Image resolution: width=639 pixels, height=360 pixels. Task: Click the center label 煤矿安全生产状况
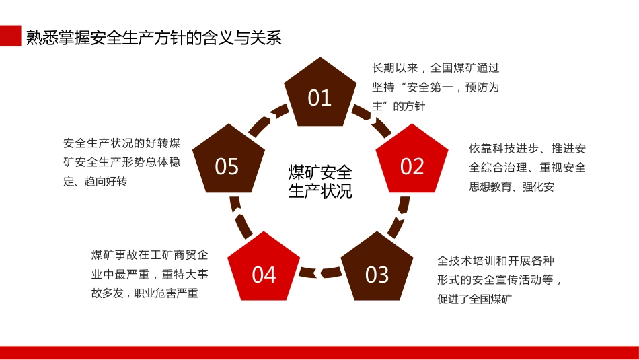tap(320, 181)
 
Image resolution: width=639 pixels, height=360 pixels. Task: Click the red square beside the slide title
tap(10, 37)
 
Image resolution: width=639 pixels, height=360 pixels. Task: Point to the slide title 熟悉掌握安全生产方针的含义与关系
tap(153, 38)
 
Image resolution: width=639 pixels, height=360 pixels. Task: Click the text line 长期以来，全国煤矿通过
tap(436, 68)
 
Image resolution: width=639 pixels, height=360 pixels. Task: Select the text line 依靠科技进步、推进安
tap(527, 149)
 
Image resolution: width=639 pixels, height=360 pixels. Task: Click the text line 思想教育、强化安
tap(511, 187)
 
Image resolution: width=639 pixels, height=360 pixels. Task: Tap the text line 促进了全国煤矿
tap(475, 299)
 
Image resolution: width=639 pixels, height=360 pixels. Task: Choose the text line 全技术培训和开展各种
tap(495, 260)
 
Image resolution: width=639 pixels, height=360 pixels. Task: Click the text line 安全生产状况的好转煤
tap(122, 143)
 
